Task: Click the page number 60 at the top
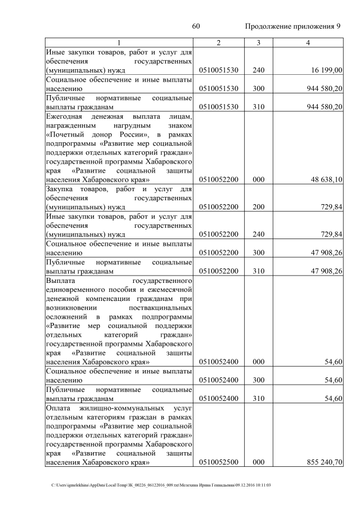196,27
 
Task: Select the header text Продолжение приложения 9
293,27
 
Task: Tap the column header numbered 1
119,43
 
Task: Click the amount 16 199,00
326,70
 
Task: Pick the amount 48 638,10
326,179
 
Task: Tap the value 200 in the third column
259,207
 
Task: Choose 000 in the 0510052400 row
259,362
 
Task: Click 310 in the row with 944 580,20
259,106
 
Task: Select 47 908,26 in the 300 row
326,252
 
